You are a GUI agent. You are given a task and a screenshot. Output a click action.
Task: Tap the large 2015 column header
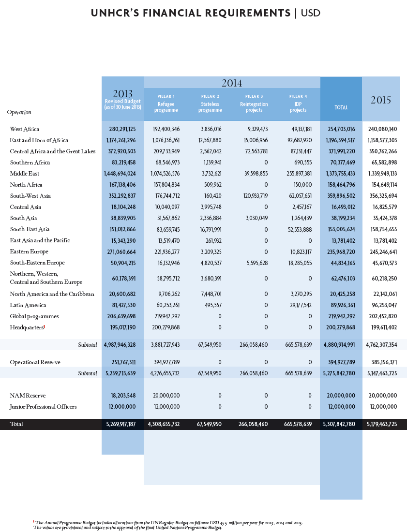[381, 100]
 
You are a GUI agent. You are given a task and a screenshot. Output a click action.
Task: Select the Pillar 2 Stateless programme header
[210, 104]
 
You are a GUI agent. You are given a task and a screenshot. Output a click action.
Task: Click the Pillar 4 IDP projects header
[298, 104]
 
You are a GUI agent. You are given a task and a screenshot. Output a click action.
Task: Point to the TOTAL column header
[341, 107]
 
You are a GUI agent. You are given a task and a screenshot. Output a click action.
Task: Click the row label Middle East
[25, 174]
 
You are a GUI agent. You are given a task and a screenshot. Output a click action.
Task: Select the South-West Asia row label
[30, 196]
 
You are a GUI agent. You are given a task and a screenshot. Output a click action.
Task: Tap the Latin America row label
[28, 305]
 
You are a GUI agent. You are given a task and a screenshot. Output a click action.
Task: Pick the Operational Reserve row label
[35, 362]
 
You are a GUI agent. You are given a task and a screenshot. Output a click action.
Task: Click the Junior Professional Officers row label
[43, 407]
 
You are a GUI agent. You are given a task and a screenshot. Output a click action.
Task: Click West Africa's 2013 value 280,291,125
[122, 129]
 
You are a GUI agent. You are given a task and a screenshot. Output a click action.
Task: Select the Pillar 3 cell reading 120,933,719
[254, 196]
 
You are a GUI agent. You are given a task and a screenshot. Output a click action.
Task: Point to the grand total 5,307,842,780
[339, 424]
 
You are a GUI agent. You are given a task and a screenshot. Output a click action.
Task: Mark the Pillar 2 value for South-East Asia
[210, 229]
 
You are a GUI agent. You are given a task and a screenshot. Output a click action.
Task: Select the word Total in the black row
[16, 424]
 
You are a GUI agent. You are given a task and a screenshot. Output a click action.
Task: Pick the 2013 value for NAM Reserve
[123, 396]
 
